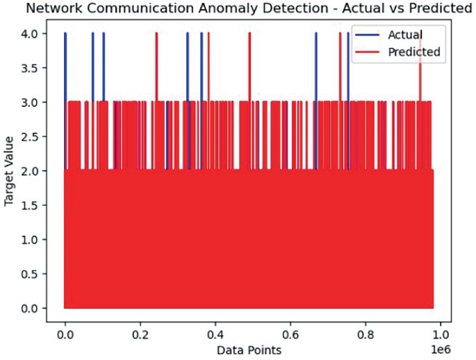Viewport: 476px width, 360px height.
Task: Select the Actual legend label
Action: click(405, 34)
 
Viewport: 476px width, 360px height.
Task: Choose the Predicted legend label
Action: click(414, 51)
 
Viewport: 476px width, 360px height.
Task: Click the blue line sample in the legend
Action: click(368, 34)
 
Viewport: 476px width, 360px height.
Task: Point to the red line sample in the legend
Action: click(368, 51)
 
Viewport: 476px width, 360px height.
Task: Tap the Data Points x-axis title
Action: click(249, 349)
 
